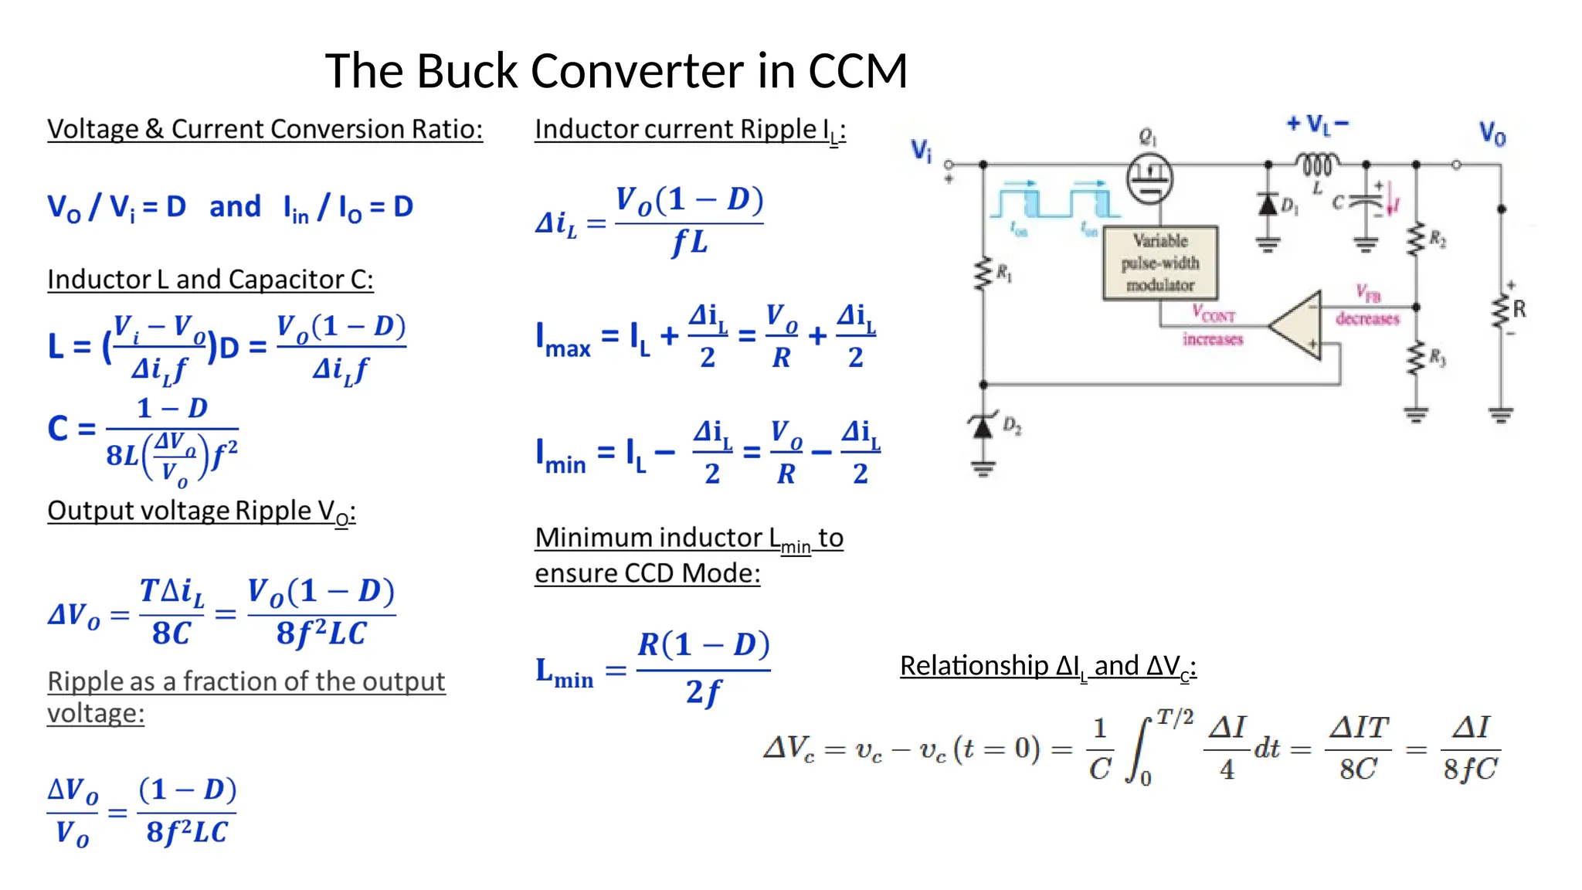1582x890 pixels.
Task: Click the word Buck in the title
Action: [467, 71]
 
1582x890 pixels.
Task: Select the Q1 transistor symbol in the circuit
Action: [1149, 178]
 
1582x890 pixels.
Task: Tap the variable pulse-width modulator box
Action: [1160, 263]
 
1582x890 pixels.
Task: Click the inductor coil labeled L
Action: [1317, 165]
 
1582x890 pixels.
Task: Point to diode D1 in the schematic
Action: [1268, 205]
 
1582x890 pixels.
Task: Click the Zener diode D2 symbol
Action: [983, 426]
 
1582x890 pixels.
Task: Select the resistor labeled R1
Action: [983, 273]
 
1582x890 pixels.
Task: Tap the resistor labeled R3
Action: [1416, 358]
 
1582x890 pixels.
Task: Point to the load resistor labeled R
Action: [1502, 311]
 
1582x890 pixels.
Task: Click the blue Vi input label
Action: [922, 150]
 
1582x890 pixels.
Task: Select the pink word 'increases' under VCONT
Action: [1213, 339]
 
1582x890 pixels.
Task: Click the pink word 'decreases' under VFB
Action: [1367, 318]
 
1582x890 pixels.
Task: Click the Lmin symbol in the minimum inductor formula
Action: [564, 672]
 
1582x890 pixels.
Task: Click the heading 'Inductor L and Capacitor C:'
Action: [210, 279]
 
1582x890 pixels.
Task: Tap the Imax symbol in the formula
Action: [563, 340]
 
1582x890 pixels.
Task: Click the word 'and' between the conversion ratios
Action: [235, 206]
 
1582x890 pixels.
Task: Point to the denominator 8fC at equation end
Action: [1470, 769]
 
